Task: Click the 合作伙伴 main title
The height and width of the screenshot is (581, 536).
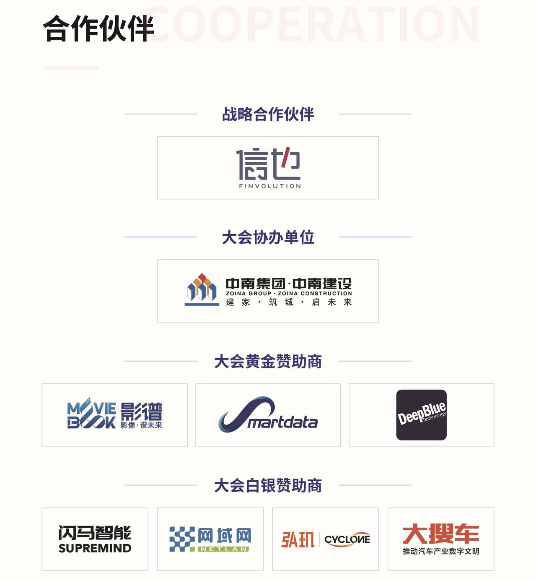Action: pos(98,29)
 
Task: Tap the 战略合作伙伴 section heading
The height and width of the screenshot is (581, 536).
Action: pos(268,114)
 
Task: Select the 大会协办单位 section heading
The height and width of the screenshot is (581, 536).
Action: pos(268,237)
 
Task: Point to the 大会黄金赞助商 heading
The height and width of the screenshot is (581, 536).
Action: pos(268,361)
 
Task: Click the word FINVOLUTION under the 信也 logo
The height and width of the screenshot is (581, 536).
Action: pos(270,186)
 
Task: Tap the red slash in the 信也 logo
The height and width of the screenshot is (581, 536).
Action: pos(287,153)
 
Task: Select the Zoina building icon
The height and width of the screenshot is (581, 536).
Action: pos(202,289)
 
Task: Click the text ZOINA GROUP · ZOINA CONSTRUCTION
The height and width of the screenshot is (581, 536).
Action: pos(289,293)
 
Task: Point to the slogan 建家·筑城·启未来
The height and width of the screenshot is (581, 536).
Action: pos(289,302)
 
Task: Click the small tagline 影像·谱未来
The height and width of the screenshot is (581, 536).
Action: pos(142,425)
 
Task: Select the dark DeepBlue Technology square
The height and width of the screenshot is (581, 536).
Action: pos(421,415)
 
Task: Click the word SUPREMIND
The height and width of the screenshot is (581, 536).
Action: pos(95,549)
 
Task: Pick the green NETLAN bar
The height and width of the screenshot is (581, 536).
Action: pos(223,549)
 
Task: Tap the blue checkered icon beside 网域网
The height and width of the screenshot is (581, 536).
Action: pos(182,539)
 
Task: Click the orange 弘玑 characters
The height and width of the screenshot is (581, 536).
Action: pos(298,539)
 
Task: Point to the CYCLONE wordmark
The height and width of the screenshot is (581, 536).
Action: pos(347,539)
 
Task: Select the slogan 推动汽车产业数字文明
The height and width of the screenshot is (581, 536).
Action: pos(441,552)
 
